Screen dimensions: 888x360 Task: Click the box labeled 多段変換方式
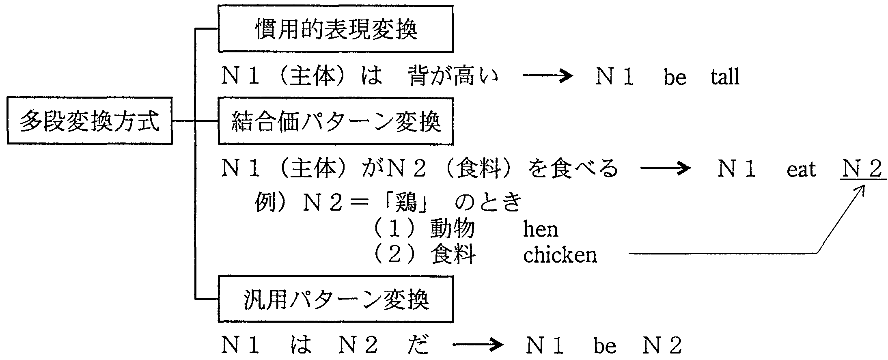click(x=90, y=121)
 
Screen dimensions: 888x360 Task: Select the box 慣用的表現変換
click(x=336, y=29)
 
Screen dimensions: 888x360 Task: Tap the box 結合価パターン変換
click(x=336, y=121)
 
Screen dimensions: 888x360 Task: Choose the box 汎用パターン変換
click(x=336, y=299)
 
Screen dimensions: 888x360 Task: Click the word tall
click(x=725, y=77)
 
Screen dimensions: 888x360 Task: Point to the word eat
click(x=801, y=169)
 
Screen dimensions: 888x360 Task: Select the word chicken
click(x=560, y=255)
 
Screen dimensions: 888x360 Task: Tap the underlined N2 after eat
click(x=862, y=169)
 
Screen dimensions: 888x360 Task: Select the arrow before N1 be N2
click(x=478, y=346)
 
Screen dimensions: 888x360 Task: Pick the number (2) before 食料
click(x=394, y=255)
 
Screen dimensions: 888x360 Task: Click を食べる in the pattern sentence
click(x=573, y=168)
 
